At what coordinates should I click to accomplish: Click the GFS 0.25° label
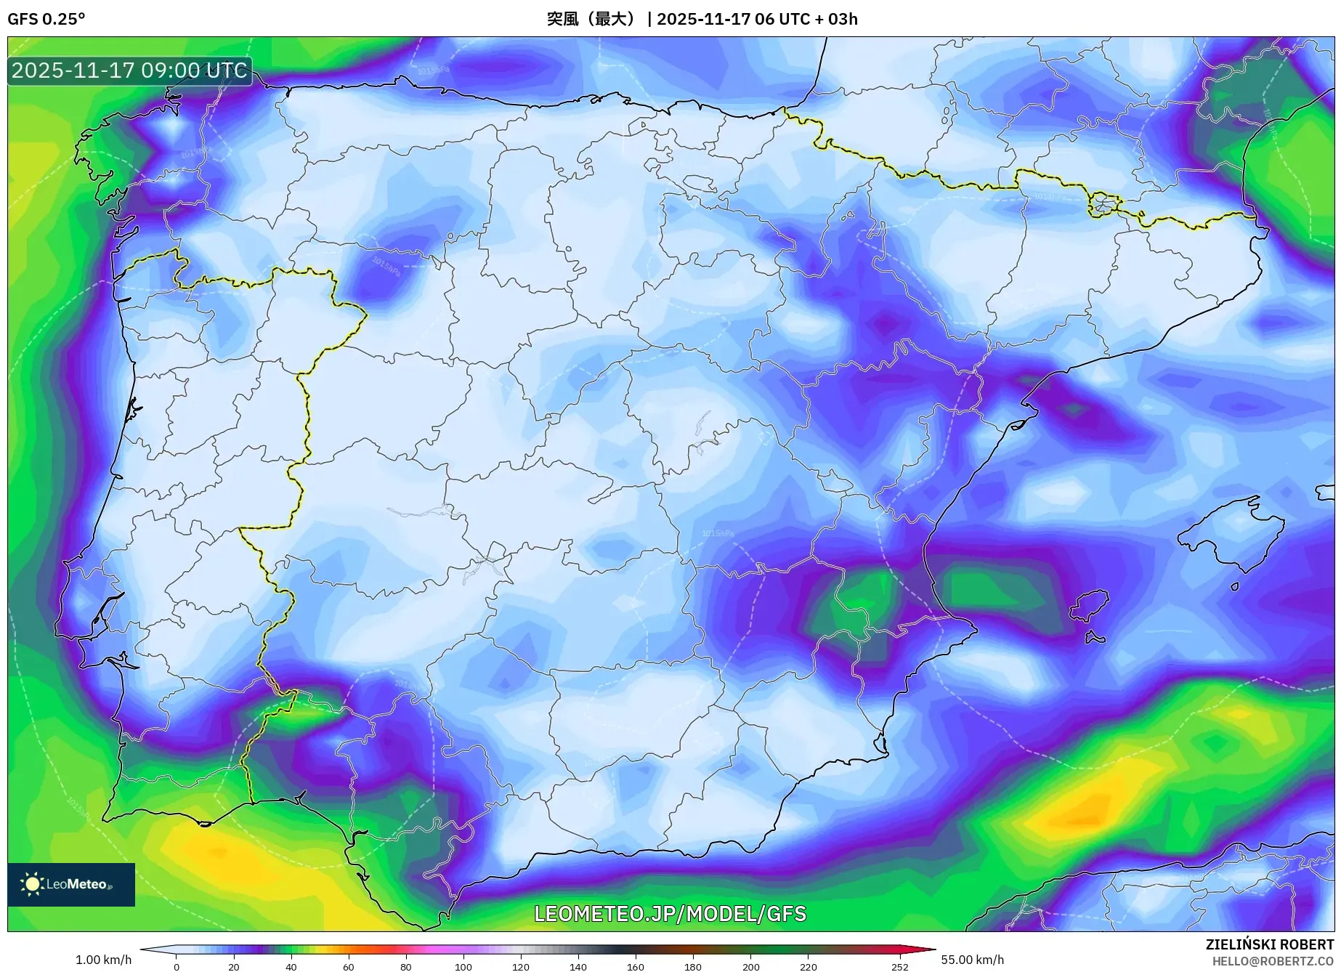click(x=46, y=19)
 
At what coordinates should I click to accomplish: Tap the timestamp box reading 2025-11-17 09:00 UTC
click(x=129, y=70)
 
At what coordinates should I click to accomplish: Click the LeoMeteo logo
click(x=70, y=884)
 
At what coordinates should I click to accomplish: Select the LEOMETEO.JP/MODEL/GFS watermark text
click(x=670, y=914)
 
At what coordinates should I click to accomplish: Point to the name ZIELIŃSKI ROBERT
click(x=1269, y=944)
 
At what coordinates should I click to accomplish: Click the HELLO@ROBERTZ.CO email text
click(x=1273, y=961)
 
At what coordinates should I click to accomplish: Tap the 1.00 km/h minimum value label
click(x=103, y=960)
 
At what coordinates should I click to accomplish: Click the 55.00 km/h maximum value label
click(x=972, y=960)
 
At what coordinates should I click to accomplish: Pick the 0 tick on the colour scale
click(x=176, y=966)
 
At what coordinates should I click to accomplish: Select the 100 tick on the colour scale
click(x=463, y=966)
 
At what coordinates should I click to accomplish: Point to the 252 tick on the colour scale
click(x=899, y=966)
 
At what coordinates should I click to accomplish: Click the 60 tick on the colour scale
click(x=349, y=966)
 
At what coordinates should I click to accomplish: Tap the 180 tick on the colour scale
click(x=693, y=966)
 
